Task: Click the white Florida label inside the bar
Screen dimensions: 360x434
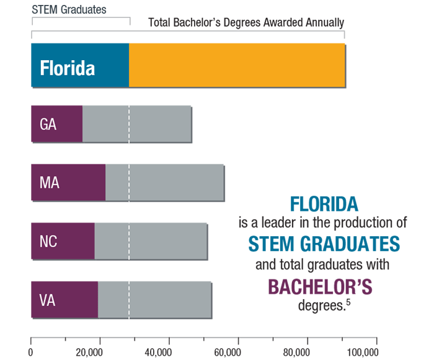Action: [x=68, y=67]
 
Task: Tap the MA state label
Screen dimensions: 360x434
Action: [x=49, y=183]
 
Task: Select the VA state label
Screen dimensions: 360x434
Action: [x=48, y=299]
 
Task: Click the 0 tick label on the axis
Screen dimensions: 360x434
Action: [x=31, y=352]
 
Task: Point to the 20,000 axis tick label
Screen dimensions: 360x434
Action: [x=89, y=352]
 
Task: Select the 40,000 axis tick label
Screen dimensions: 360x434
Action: [x=157, y=352]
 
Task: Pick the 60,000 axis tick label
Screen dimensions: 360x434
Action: [x=227, y=352]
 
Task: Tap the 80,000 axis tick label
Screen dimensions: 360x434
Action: [x=296, y=352]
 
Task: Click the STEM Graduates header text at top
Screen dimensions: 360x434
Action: [x=69, y=10]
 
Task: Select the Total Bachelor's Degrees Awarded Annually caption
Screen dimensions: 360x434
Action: [x=246, y=23]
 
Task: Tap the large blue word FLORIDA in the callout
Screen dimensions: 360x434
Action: [x=324, y=204]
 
